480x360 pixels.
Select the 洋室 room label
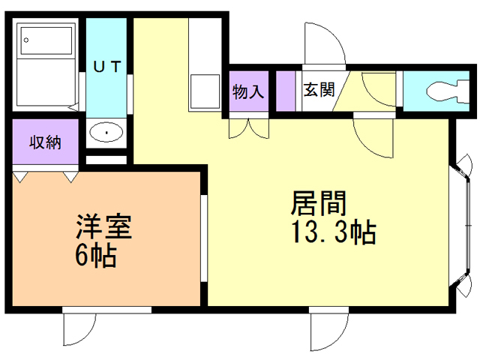103,226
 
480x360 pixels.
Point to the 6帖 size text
94,256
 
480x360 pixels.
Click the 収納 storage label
44,142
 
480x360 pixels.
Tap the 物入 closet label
247,92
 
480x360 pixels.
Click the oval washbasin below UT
106,133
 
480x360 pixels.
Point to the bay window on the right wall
461,225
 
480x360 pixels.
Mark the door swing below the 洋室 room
79,330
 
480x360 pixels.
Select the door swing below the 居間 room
330,330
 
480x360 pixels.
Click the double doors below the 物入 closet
249,127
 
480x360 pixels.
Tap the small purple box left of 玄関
286,90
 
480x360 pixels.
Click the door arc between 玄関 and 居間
371,135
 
